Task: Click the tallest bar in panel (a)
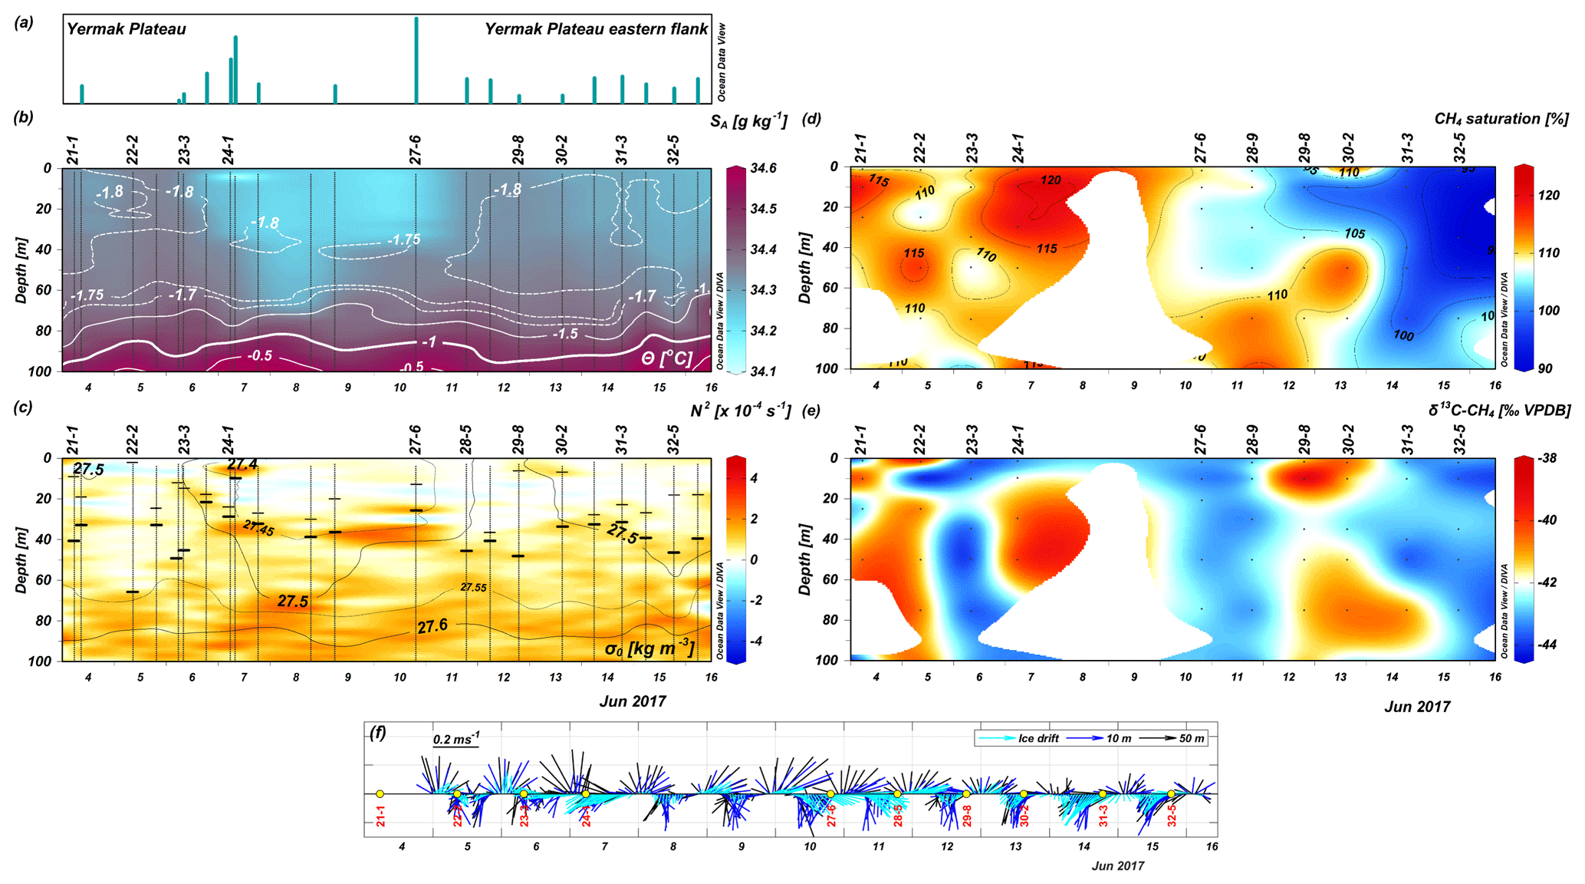pos(416,60)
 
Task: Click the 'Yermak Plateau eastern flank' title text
pos(596,29)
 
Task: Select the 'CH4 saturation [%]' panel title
pos(1501,119)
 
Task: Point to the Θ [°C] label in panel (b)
pos(666,358)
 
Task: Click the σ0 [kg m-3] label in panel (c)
pos(649,649)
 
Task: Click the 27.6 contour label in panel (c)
pos(432,626)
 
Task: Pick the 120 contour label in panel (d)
pos(1051,180)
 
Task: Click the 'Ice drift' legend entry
pos(1038,738)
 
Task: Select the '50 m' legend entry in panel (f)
pos(1191,738)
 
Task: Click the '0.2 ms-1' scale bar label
pos(455,740)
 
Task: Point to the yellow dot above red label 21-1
pos(380,794)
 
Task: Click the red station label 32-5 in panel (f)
pos(1172,815)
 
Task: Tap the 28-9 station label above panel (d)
pos(1252,148)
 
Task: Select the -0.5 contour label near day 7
pos(259,355)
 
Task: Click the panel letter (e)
pos(811,411)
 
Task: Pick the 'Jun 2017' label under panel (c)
pos(633,701)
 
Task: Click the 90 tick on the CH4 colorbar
pos(1544,368)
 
